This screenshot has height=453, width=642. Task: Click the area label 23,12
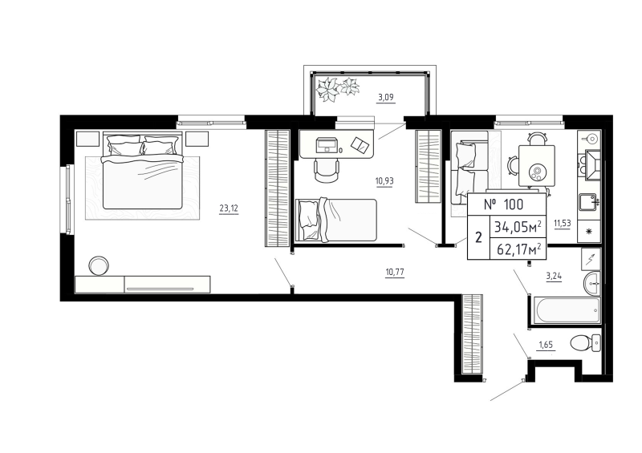tap(229, 208)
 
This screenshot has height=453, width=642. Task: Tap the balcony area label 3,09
tap(386, 99)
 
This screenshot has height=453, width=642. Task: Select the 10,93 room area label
tap(383, 181)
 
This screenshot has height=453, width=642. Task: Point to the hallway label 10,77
tap(394, 273)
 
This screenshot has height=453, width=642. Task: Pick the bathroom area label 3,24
tap(554, 277)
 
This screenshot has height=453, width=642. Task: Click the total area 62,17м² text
tap(518, 249)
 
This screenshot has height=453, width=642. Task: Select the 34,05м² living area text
tap(518, 226)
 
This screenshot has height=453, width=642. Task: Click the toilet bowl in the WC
tap(582, 343)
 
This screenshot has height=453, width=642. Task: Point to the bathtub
tap(563, 309)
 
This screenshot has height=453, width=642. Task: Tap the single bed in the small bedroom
tap(335, 218)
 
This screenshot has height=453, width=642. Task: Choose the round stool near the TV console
tap(100, 265)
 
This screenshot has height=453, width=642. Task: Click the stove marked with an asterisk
tap(590, 232)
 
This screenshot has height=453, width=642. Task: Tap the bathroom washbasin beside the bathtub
tap(591, 281)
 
